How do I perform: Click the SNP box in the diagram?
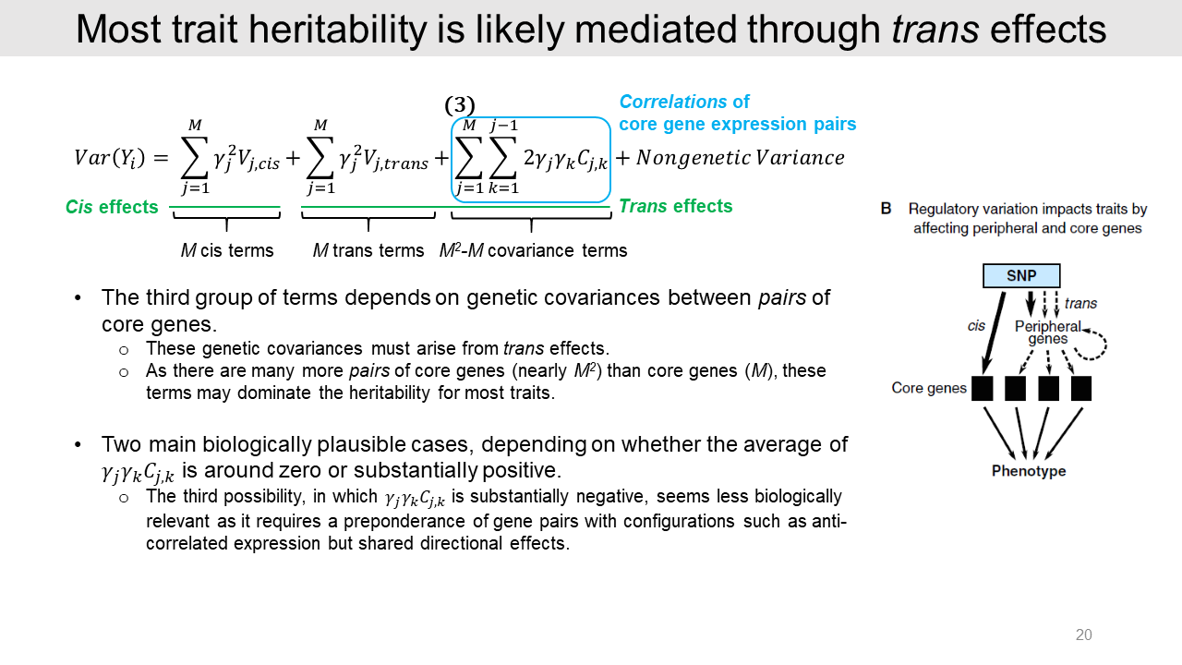[x=1021, y=275]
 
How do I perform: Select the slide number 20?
[x=1083, y=635]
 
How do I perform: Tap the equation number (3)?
[x=460, y=105]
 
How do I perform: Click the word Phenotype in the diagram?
[x=1029, y=471]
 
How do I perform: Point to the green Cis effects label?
[x=112, y=207]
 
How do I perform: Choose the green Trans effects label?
[x=675, y=206]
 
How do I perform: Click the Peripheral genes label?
[x=1048, y=332]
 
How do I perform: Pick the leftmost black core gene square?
[x=982, y=389]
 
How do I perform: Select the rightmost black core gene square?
[x=1081, y=389]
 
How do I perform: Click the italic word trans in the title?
[x=935, y=29]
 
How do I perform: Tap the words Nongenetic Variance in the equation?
[x=740, y=157]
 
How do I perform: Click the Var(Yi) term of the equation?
[x=109, y=158]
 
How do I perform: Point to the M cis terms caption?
[x=227, y=250]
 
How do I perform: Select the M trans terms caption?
[x=368, y=250]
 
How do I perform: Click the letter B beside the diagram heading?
[x=886, y=209]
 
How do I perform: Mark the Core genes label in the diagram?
[x=929, y=388]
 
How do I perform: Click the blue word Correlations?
[x=673, y=102]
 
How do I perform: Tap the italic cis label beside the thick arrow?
[x=976, y=326]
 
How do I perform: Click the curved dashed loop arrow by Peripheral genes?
[x=1101, y=345]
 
